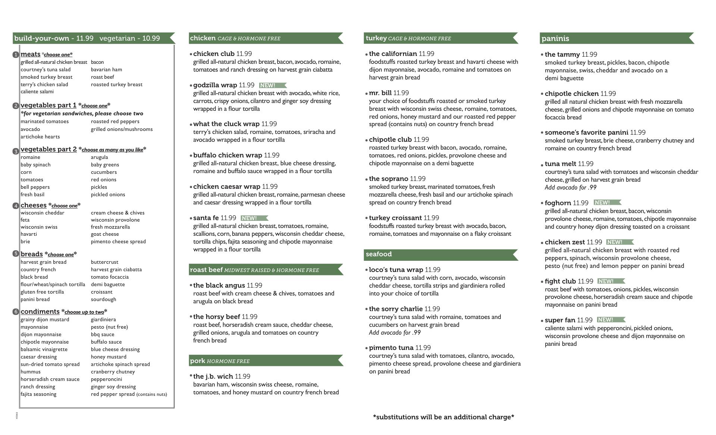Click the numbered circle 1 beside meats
point(16,55)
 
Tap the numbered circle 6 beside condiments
point(16,312)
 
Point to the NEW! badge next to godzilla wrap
point(272,85)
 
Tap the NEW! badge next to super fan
point(610,320)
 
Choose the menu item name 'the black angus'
point(219,285)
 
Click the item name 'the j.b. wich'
point(213,376)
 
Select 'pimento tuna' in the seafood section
point(391,348)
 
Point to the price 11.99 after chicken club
point(244,54)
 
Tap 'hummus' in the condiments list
point(31,372)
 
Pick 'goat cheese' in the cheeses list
point(105,234)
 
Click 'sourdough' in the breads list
point(103,299)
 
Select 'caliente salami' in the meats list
point(37,92)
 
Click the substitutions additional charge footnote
point(443,417)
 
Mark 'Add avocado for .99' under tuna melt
point(570,188)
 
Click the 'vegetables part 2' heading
point(48,149)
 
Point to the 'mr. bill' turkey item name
point(380,93)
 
